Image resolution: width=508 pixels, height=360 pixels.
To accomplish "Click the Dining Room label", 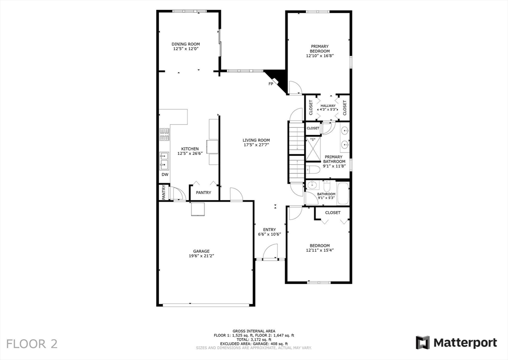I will (x=186, y=44).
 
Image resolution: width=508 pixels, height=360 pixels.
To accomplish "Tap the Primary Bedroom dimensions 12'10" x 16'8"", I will (x=319, y=56).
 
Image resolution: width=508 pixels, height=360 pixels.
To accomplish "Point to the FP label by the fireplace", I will (x=271, y=84).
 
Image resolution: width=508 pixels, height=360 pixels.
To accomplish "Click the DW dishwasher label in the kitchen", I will (x=165, y=175).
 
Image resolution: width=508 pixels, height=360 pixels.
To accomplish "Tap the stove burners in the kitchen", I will (x=164, y=134).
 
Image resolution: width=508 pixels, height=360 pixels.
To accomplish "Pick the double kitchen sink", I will (x=164, y=160).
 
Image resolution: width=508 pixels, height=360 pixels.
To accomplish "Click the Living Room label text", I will (x=256, y=141).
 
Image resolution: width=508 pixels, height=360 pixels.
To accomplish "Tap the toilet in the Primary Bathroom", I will (x=311, y=170).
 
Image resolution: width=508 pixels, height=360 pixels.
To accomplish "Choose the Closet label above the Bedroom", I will (x=332, y=213).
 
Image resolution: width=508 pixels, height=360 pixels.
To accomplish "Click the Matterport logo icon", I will (x=423, y=343).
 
